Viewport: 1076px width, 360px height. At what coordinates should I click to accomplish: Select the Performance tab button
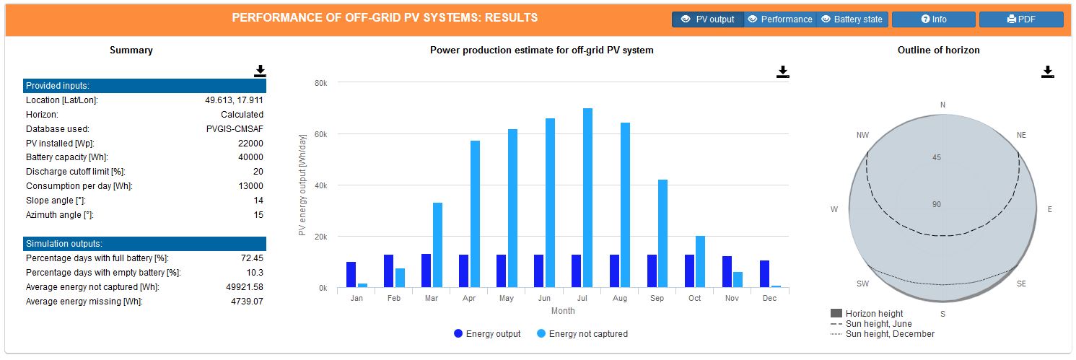[x=779, y=19]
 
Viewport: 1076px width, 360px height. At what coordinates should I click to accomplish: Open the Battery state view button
[x=852, y=19]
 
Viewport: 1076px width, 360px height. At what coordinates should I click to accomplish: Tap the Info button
[x=934, y=19]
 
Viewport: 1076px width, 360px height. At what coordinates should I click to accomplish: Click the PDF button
[x=1020, y=19]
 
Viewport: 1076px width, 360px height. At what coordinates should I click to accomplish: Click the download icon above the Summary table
[x=260, y=71]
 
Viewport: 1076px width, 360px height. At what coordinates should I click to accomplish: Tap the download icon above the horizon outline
[x=1048, y=71]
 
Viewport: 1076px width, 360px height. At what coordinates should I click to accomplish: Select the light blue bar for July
[x=588, y=198]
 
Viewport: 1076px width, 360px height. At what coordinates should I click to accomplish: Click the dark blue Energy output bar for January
[x=351, y=275]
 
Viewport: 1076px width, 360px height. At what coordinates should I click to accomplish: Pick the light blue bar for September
[x=663, y=234]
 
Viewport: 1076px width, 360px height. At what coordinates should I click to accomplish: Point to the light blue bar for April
[x=475, y=214]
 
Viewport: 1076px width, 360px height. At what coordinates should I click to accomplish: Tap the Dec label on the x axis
[x=769, y=298]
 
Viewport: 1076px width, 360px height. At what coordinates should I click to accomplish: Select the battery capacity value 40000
[x=250, y=157]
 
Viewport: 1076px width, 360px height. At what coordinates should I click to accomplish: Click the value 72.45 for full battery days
[x=252, y=258]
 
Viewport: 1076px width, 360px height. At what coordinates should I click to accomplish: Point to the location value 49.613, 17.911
[x=234, y=100]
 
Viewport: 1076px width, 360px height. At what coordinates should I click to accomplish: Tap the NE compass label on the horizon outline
[x=1020, y=136]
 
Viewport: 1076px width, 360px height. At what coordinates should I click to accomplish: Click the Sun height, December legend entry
[x=889, y=334]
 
